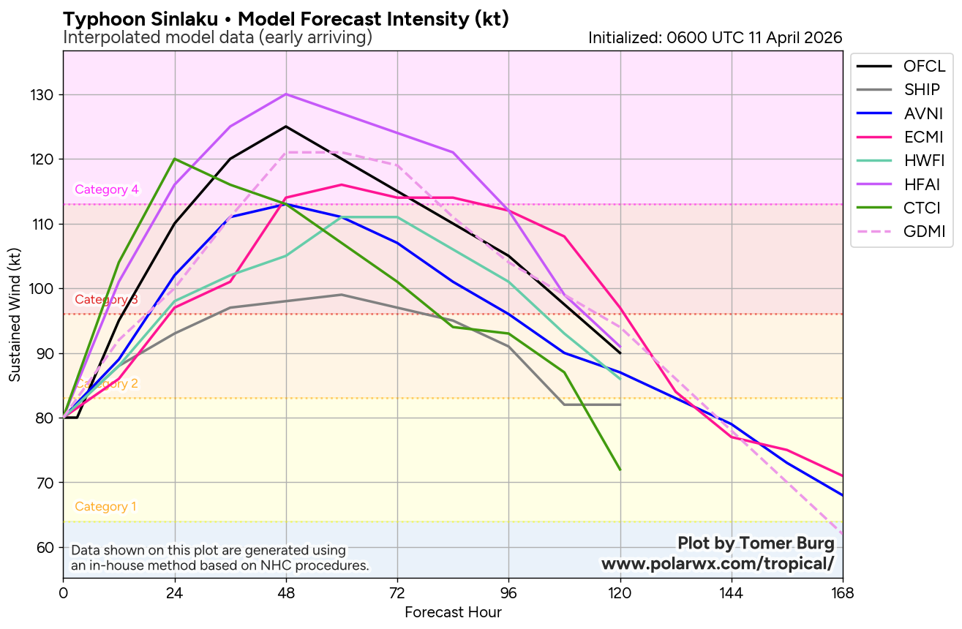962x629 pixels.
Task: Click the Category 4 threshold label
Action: pyautogui.click(x=107, y=190)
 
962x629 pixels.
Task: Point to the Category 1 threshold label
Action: pyautogui.click(x=105, y=507)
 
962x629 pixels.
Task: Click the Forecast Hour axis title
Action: pyautogui.click(x=453, y=613)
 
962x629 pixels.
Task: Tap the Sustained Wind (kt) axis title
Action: pyautogui.click(x=15, y=314)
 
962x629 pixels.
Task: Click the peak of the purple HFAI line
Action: pyautogui.click(x=286, y=94)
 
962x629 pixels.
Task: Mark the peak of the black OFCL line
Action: pyautogui.click(x=286, y=127)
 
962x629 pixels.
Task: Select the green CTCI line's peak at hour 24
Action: pyautogui.click(x=175, y=159)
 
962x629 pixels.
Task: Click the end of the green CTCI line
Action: pyautogui.click(x=620, y=470)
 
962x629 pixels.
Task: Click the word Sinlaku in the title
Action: pyautogui.click(x=177, y=20)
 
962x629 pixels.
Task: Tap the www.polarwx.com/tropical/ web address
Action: pyautogui.click(x=717, y=564)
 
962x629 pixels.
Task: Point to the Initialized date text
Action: pyautogui.click(x=715, y=37)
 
